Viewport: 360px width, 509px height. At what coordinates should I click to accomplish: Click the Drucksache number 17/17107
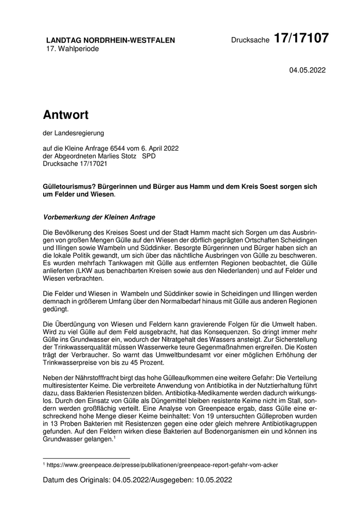tap(301, 39)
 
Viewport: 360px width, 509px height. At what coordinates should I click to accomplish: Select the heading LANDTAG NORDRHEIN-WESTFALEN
tap(111, 40)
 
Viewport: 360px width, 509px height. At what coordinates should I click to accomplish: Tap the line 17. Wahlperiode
tap(73, 49)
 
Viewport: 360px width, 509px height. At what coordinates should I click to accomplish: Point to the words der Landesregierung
tap(74, 133)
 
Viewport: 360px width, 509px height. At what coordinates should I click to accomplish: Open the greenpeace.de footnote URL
tap(163, 465)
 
